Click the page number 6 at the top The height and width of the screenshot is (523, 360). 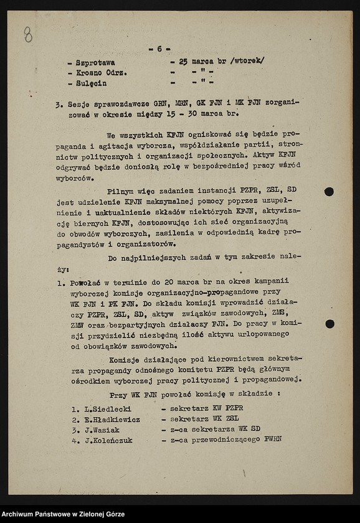(x=159, y=49)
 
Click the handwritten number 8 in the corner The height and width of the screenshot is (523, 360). (x=28, y=35)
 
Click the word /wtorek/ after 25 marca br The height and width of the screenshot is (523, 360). (x=247, y=60)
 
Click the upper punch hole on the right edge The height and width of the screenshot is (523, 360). (x=329, y=192)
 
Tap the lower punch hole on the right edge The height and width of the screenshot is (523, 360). (x=329, y=324)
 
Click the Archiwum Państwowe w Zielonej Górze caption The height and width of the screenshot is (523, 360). (x=63, y=514)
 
